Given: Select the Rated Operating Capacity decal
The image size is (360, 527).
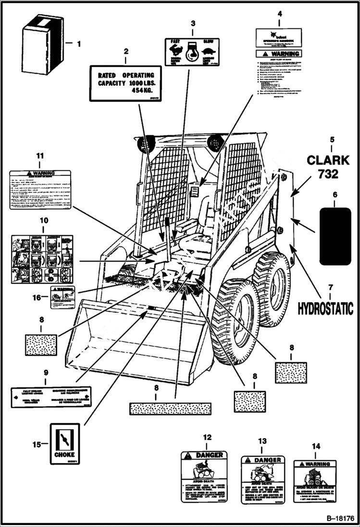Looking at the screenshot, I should coord(126,83).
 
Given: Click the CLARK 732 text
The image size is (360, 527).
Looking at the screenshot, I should coord(328,166).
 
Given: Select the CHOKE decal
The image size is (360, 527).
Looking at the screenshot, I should coord(64,443).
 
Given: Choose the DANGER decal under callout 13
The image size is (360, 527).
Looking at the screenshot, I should coord(262,479).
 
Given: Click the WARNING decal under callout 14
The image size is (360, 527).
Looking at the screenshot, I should coord(315,481).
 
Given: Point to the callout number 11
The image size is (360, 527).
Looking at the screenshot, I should coord(40,156).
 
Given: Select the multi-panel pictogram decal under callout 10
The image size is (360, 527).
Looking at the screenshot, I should coord(42,259).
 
